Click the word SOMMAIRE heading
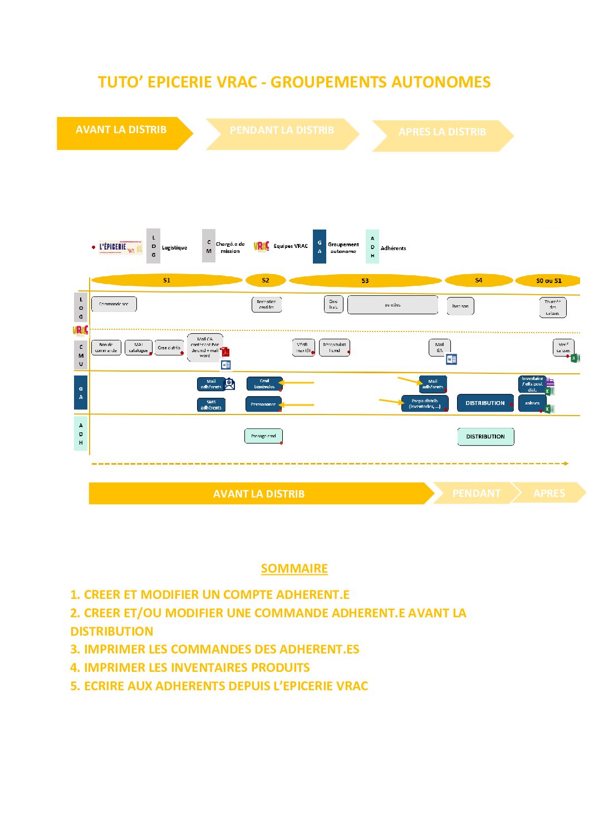pyautogui.click(x=294, y=568)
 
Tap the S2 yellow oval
pyautogui.click(x=266, y=280)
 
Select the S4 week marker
pyautogui.click(x=478, y=280)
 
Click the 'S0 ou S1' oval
pyautogui.click(x=548, y=281)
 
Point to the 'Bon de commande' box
pyautogui.click(x=106, y=348)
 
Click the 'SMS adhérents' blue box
pyautogui.click(x=211, y=405)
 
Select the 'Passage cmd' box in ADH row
pyautogui.click(x=263, y=436)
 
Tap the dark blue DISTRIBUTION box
pyautogui.click(x=485, y=403)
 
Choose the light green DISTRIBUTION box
pyautogui.click(x=485, y=437)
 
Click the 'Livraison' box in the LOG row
pyautogui.click(x=460, y=306)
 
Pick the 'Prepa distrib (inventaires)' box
pyautogui.click(x=425, y=403)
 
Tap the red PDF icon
pyautogui.click(x=225, y=352)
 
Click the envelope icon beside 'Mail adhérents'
pyautogui.click(x=229, y=384)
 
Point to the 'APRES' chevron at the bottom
pyautogui.click(x=549, y=493)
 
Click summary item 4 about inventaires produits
pyautogui.click(x=190, y=667)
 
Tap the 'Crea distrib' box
pyautogui.click(x=169, y=348)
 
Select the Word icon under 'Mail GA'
pyautogui.click(x=451, y=359)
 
